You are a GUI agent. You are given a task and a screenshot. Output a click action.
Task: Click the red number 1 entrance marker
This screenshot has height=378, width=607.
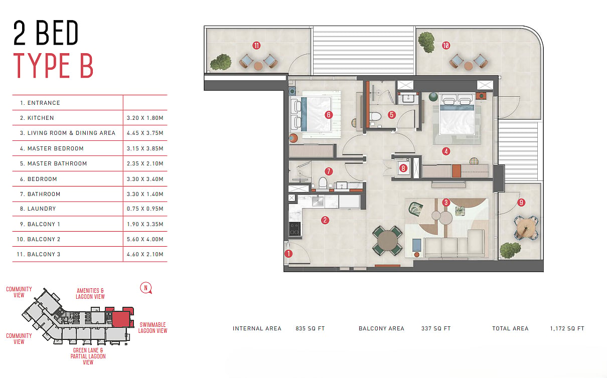click(x=288, y=254)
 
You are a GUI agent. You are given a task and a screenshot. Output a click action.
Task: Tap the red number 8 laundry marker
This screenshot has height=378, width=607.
click(x=403, y=168)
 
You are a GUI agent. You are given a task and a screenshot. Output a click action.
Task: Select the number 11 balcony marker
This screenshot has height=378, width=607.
click(x=256, y=46)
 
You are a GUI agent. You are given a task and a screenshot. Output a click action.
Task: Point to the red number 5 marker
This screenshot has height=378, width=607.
click(x=392, y=115)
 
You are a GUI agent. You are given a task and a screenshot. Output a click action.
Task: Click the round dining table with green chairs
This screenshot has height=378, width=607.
click(x=387, y=241)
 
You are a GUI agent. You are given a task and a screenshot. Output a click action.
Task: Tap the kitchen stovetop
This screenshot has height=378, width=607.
click(x=295, y=229)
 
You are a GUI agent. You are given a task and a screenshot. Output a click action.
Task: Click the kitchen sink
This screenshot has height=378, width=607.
click(x=318, y=201)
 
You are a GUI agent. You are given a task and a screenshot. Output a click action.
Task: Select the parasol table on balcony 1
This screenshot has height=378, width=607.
click(x=526, y=228)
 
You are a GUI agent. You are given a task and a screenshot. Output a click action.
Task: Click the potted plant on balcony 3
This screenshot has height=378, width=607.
click(x=221, y=62)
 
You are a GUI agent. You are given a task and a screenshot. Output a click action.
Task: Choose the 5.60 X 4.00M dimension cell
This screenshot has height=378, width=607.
click(x=145, y=239)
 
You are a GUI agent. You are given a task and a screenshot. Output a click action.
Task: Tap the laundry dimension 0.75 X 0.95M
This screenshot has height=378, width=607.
click(x=145, y=209)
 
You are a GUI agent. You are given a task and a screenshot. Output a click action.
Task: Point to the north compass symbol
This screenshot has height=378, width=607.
click(x=146, y=288)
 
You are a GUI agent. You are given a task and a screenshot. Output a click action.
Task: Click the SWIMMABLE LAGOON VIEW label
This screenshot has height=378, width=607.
click(x=153, y=328)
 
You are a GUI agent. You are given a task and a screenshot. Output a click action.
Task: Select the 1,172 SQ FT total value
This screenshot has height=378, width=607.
click(x=567, y=329)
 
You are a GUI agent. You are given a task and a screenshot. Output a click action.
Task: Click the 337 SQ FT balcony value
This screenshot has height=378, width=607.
click(x=436, y=329)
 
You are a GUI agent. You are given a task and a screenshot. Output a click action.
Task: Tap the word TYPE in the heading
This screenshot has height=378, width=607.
click(x=42, y=66)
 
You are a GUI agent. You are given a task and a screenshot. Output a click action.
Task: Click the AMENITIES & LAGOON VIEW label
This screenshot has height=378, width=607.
click(x=90, y=293)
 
